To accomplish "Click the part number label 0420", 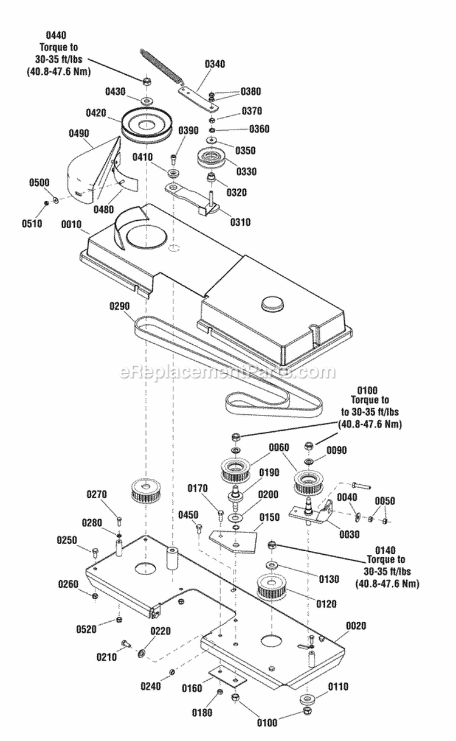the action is click(96, 113).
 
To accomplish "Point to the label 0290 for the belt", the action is click(119, 307).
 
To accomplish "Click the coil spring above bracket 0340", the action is click(161, 67).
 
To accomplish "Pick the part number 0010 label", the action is click(71, 224).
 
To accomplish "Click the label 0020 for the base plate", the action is click(356, 626).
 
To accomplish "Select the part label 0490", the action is click(78, 133).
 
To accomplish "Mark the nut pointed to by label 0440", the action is click(145, 80).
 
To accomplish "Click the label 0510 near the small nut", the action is click(32, 224).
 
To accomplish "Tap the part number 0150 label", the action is click(269, 517).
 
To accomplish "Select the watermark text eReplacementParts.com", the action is click(227, 373).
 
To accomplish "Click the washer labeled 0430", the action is click(146, 100).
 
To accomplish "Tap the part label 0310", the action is click(240, 222).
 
